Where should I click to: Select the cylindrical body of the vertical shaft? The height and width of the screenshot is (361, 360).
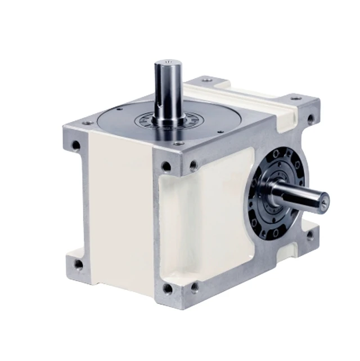click(169, 90)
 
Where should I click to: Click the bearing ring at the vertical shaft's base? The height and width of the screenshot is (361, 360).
click(169, 119)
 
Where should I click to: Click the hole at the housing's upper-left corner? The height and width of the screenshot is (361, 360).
click(76, 145)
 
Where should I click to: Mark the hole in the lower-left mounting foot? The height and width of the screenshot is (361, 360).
click(78, 264)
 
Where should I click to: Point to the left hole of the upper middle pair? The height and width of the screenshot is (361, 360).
click(166, 166)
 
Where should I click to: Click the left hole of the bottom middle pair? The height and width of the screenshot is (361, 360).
click(168, 288)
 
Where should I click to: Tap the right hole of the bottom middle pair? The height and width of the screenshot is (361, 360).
click(194, 287)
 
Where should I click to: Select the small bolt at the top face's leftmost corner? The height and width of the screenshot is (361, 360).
click(87, 122)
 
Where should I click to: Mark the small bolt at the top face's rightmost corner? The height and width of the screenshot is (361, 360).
click(295, 97)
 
